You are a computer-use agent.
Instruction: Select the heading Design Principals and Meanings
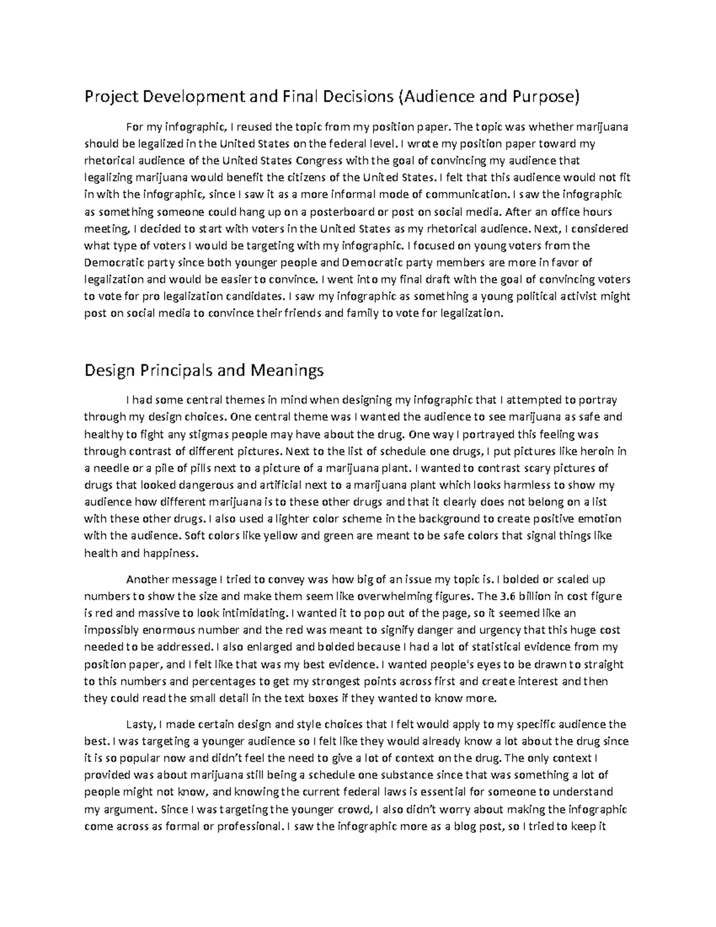204,371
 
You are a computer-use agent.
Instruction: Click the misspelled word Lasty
142,725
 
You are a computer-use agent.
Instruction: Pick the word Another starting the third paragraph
150,578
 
